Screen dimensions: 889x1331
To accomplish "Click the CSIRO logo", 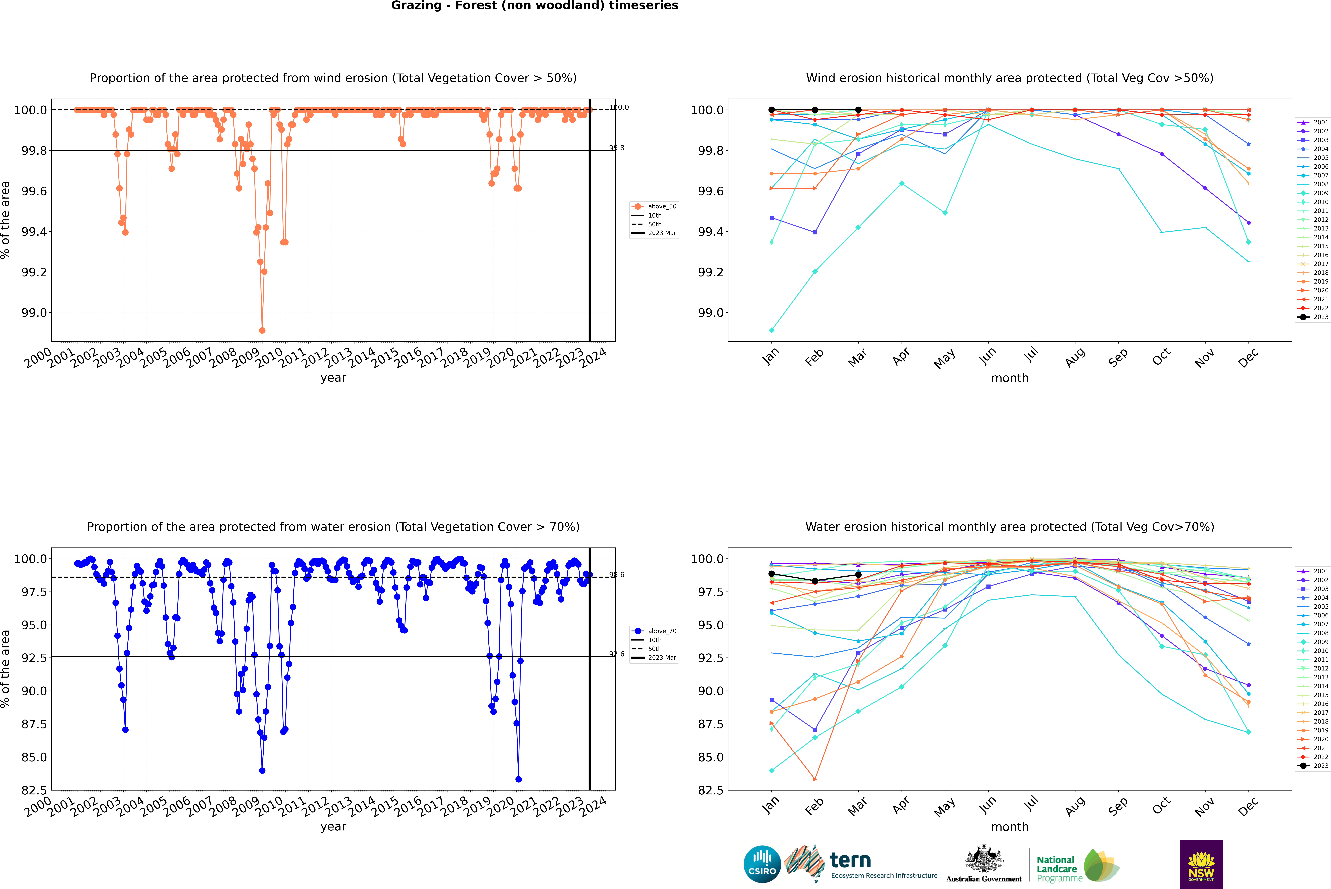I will (762, 864).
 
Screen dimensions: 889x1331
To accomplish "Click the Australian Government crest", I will (984, 859).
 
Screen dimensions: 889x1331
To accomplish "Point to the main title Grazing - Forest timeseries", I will (534, 6).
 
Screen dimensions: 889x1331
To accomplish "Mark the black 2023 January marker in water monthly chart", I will (772, 574).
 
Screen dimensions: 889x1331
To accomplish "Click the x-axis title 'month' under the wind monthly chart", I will (1010, 378).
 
